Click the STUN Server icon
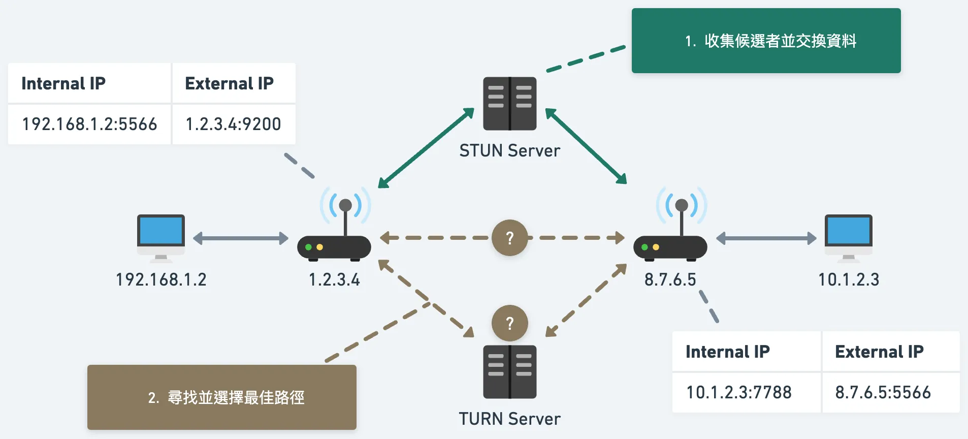(x=509, y=103)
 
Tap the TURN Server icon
(x=509, y=371)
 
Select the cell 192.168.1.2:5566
(x=89, y=124)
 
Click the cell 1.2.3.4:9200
(x=233, y=124)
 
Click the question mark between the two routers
(x=510, y=238)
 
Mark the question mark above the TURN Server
(x=510, y=323)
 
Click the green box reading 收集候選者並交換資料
(x=766, y=41)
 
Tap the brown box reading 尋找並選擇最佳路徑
(x=222, y=397)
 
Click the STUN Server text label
(x=509, y=151)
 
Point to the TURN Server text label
(x=509, y=419)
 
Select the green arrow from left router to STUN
(x=426, y=148)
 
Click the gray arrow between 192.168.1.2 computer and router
(x=241, y=238)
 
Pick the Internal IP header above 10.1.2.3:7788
(x=728, y=352)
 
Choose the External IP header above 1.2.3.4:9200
(x=230, y=83)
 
